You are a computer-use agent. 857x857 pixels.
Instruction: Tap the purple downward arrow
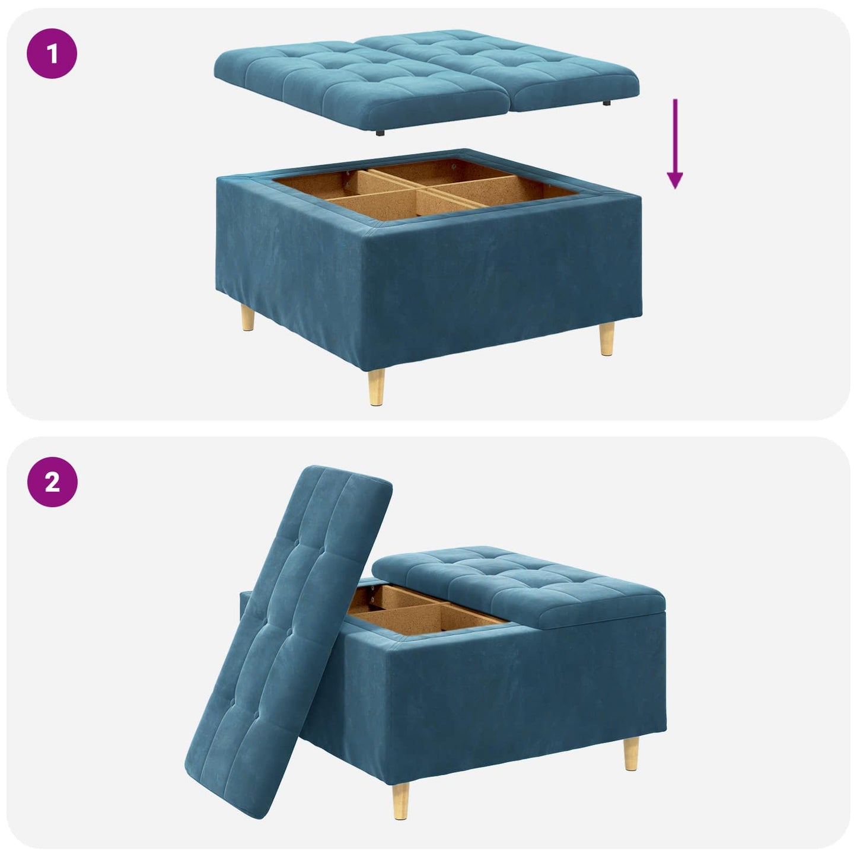coord(674,143)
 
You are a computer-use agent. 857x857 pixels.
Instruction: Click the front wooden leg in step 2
coord(402,801)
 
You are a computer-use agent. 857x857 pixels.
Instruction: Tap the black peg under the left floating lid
coord(378,135)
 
